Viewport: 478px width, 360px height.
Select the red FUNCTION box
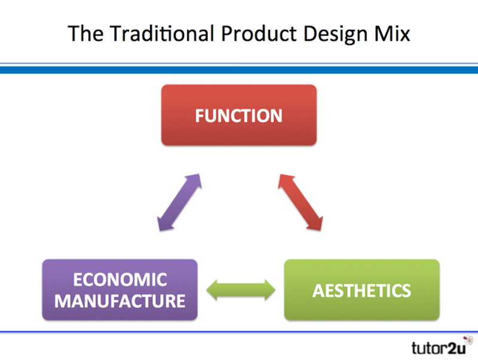[x=238, y=115]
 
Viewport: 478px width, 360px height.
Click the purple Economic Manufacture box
[x=119, y=289]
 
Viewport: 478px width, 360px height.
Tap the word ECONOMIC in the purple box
[x=119, y=280]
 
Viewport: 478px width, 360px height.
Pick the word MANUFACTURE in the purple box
[x=119, y=300]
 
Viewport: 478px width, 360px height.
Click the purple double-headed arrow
[x=179, y=203]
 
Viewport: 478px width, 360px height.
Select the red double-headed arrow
[x=301, y=203]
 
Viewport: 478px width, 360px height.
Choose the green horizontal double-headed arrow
[x=240, y=291]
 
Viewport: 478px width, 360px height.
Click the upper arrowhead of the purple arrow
[x=195, y=180]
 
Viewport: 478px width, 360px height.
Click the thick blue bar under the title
[x=239, y=70]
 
